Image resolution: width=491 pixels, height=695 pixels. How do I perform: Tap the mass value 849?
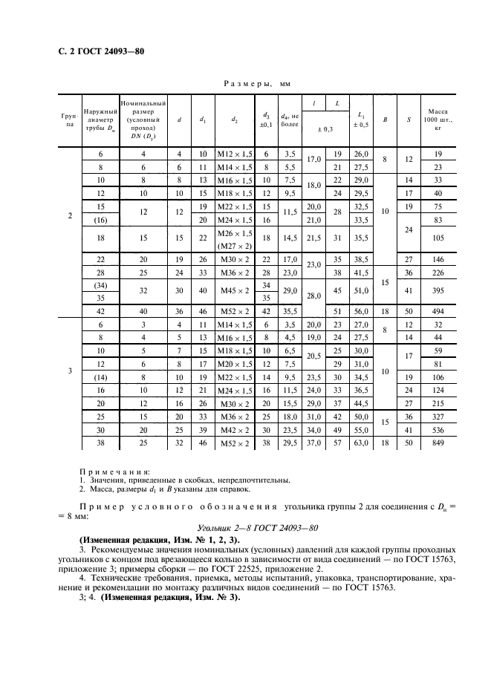click(438, 443)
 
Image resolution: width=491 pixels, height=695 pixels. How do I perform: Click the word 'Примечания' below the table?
click(114, 471)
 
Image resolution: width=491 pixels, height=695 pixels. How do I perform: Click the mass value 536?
click(438, 430)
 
